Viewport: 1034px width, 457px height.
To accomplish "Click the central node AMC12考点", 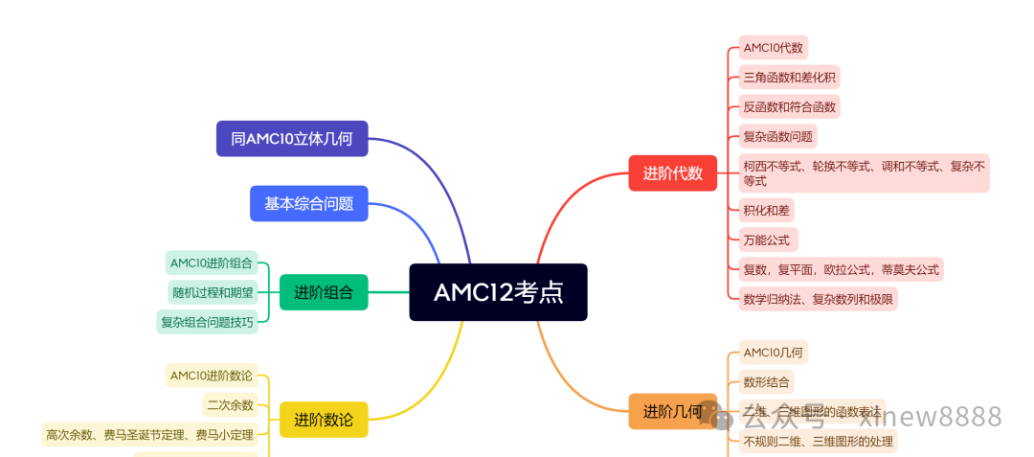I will [498, 292].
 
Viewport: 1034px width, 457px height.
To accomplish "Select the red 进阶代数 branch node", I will [672, 173].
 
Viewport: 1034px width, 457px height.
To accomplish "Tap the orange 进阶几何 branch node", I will [672, 411].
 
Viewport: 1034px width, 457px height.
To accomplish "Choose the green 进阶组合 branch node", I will [324, 292].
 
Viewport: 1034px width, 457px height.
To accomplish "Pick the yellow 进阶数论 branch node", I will [324, 419].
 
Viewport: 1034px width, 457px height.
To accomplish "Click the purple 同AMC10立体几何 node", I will [292, 138].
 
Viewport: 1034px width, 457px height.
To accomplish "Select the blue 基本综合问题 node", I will [309, 203].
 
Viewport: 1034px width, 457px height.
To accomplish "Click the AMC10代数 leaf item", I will [774, 47].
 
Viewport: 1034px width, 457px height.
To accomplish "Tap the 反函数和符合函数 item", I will [790, 106].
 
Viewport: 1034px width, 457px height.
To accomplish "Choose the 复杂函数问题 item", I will [777, 136].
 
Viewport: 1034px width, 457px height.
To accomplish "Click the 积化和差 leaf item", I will [767, 209].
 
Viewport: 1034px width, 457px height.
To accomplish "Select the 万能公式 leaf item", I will [767, 239].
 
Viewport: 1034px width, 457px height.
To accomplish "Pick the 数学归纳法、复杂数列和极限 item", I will [818, 298].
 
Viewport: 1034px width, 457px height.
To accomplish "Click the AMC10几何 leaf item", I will [773, 352].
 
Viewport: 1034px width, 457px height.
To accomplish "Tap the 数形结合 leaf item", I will [767, 381].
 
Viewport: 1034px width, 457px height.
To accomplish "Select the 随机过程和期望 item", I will [213, 292].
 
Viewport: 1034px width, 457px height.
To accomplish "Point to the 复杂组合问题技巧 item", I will [208, 322].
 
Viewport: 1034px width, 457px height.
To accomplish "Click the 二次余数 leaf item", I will [231, 404].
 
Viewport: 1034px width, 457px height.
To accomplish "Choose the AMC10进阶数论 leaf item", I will [212, 376].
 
